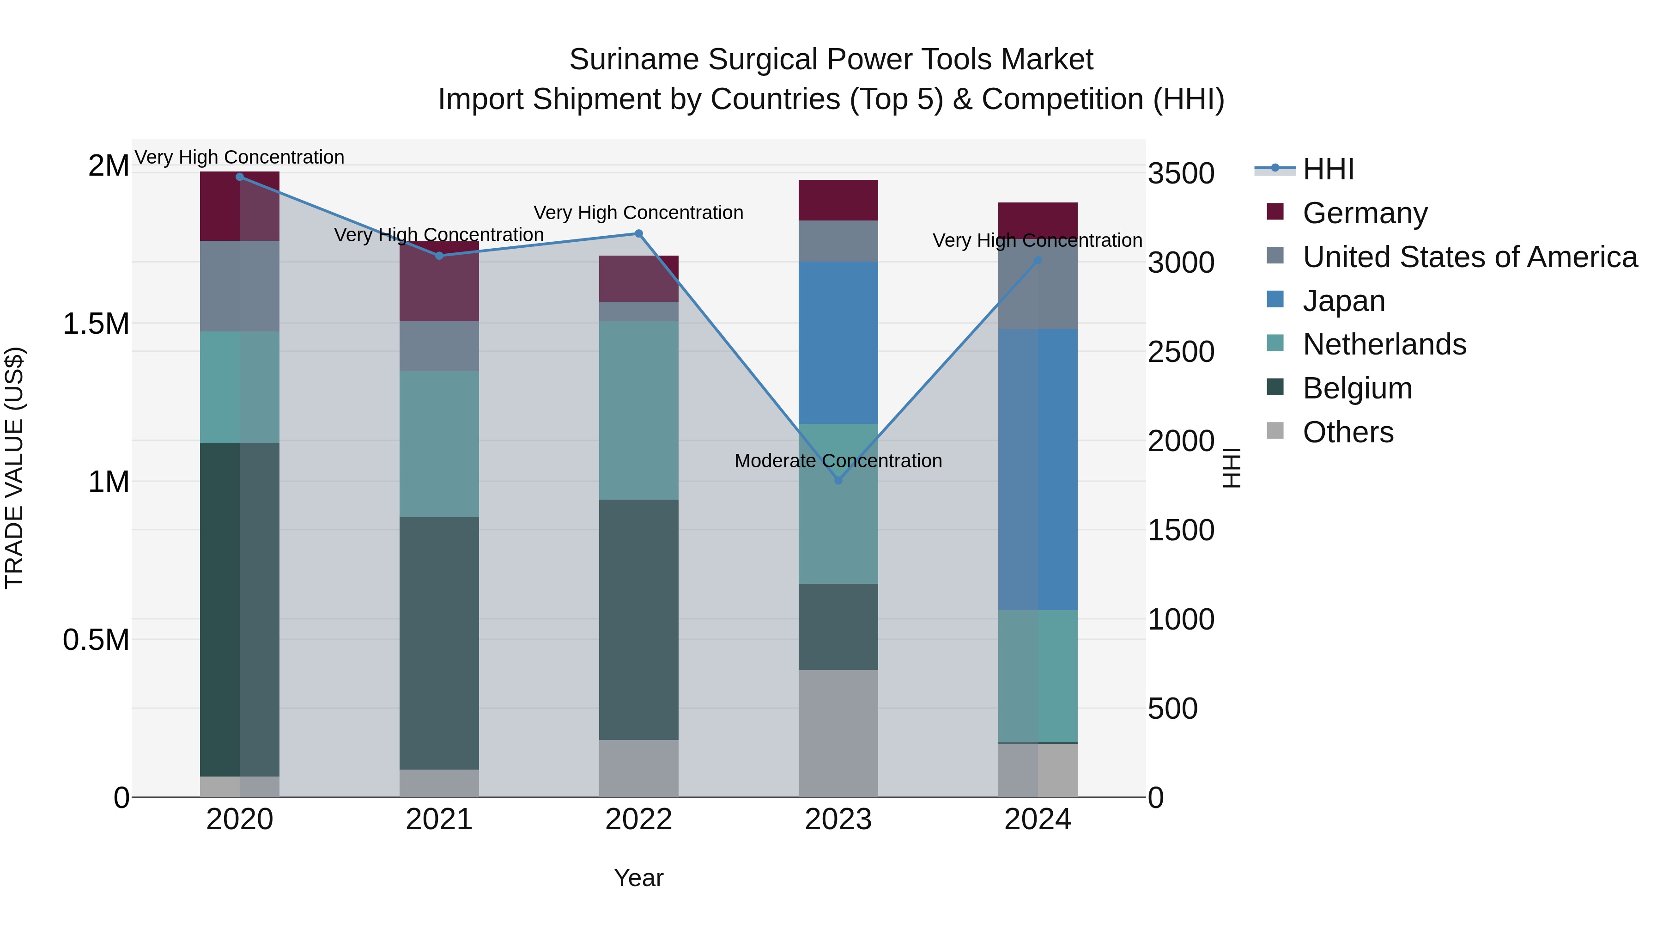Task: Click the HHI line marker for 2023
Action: pos(838,480)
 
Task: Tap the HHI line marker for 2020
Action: pos(239,177)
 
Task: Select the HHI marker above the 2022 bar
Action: pos(638,233)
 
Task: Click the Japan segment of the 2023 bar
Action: pos(838,343)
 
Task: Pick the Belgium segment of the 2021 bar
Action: pos(439,643)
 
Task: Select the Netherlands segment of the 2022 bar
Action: pos(638,410)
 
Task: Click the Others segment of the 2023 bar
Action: pos(838,733)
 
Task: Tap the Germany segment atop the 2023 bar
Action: pos(838,200)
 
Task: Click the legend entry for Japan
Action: pos(1343,300)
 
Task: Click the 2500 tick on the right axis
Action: pos(1181,352)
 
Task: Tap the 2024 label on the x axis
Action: pos(1038,820)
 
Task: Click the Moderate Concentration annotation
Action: pos(838,460)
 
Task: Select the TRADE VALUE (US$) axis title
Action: pos(14,468)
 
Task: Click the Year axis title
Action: pos(638,878)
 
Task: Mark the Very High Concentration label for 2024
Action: pos(1038,240)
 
